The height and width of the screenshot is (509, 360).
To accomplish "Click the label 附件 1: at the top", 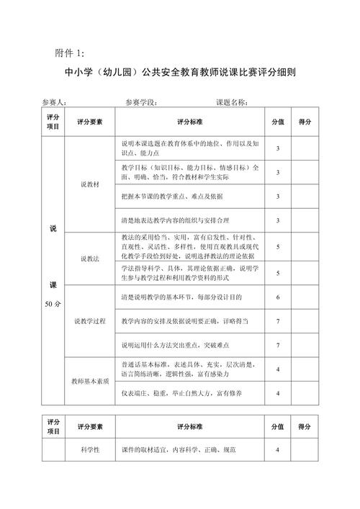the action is [x=70, y=53].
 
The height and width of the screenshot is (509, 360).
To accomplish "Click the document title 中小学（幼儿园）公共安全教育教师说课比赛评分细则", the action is [x=181, y=73].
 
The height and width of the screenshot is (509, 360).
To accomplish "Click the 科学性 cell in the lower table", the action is [x=90, y=450].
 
